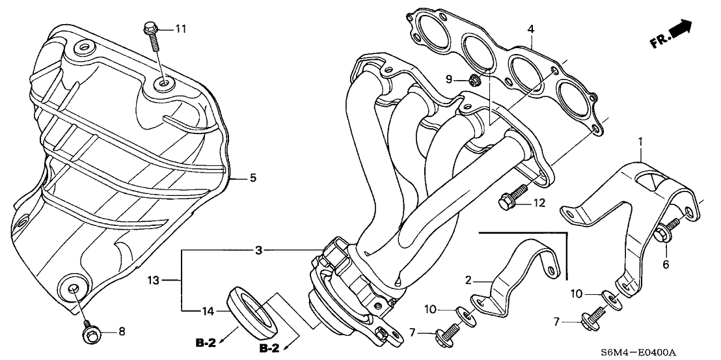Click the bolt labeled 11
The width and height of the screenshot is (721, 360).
(x=151, y=36)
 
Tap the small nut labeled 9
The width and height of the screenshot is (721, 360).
(x=474, y=80)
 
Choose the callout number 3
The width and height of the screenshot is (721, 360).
(x=258, y=250)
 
